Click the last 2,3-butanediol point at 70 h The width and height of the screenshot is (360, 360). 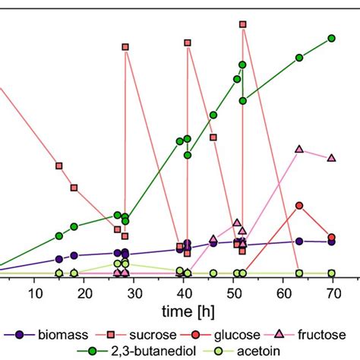click(x=331, y=38)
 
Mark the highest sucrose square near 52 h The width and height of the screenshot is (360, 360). click(x=243, y=24)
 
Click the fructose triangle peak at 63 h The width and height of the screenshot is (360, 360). click(x=299, y=149)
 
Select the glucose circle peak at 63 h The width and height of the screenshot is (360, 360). click(x=299, y=206)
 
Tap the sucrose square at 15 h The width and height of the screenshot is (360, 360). click(x=59, y=166)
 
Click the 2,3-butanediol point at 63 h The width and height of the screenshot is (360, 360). click(x=299, y=58)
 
